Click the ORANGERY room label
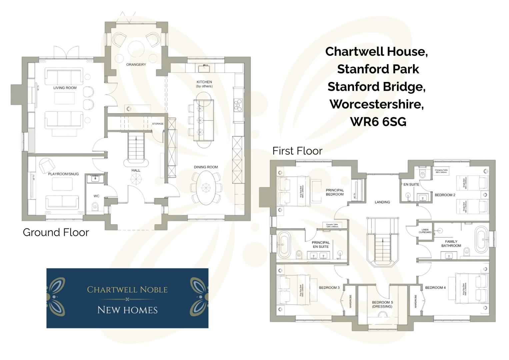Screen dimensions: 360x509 click(136, 64)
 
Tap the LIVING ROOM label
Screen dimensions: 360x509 click(65, 88)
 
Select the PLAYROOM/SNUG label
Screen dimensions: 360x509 click(63, 174)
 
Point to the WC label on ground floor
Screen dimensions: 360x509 click(96, 196)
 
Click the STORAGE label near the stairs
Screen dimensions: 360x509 click(158, 124)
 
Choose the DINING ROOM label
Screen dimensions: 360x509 click(206, 167)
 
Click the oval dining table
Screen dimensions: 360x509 click(206, 187)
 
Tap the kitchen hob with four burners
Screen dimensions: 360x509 click(238, 105)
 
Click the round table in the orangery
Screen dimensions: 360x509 click(136, 49)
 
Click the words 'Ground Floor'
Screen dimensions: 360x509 click(56, 232)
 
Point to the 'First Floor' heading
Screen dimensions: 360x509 click(297, 151)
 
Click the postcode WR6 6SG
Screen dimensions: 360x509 click(378, 122)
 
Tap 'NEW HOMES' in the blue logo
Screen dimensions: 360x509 click(127, 310)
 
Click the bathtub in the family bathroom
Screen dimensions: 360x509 click(481, 240)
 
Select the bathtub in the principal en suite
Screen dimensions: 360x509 click(284, 245)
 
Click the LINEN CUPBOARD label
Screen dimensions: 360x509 click(425, 231)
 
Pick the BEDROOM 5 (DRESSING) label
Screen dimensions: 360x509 click(382, 304)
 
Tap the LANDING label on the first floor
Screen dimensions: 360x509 click(382, 202)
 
